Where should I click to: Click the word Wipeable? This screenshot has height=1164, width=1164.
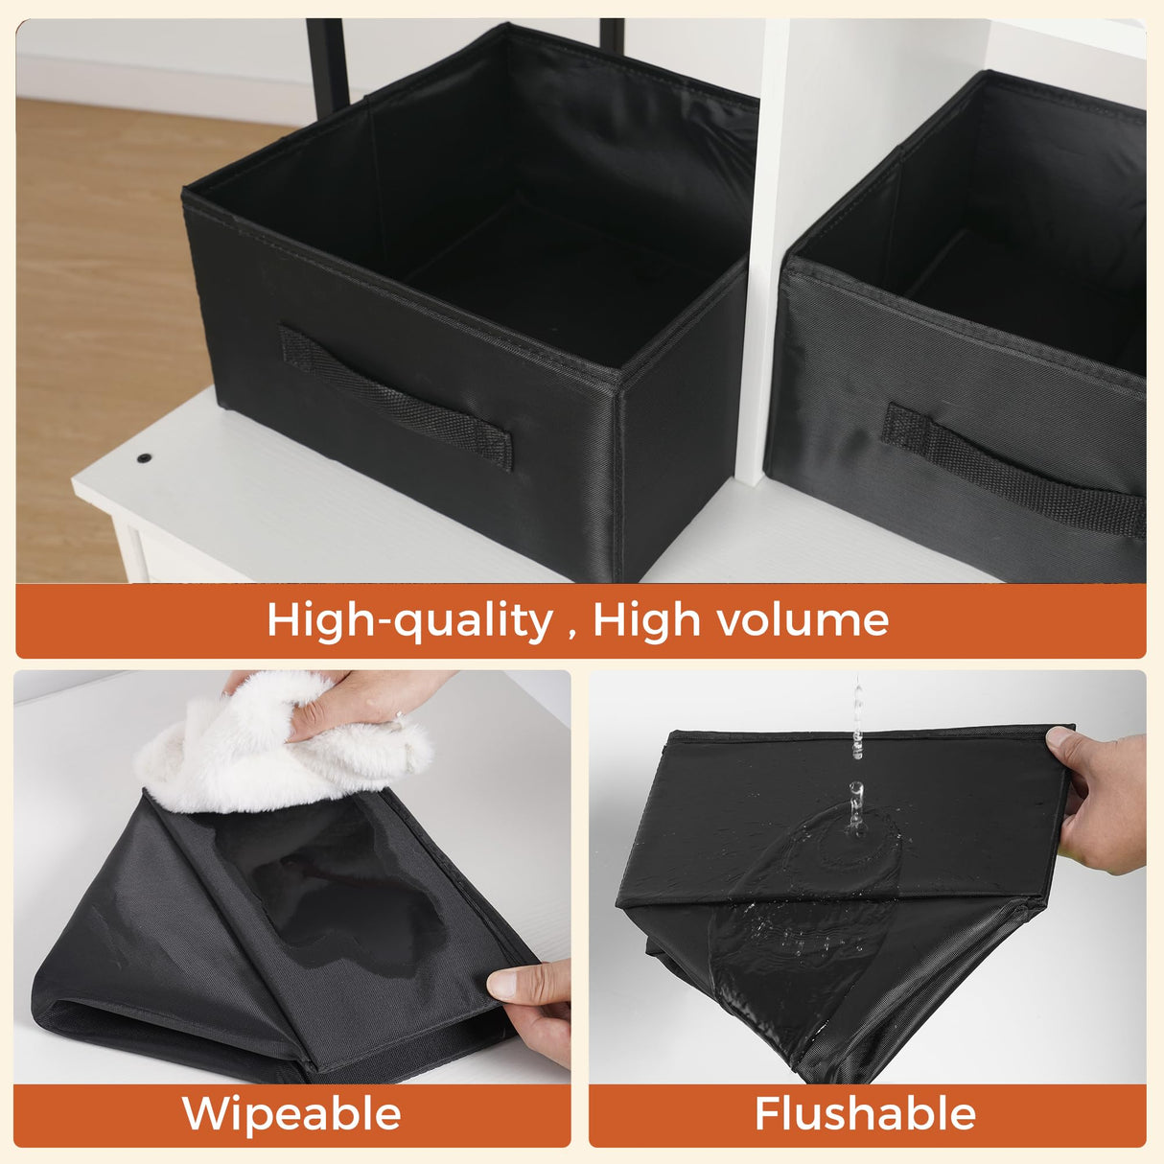[291, 1112]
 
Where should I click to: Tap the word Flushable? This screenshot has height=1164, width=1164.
[865, 1112]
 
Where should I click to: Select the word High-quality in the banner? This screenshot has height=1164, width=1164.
[410, 621]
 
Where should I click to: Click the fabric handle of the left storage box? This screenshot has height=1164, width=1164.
[396, 397]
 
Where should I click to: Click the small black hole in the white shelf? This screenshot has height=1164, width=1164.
[143, 458]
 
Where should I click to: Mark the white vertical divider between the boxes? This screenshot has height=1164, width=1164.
[762, 254]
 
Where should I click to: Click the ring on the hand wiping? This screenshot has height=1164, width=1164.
[399, 716]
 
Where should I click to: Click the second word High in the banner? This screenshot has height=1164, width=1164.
[647, 621]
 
